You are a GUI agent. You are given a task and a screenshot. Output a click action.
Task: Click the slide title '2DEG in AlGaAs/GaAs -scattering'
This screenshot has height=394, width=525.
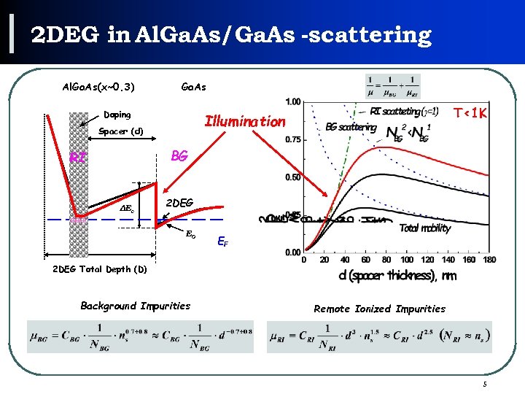[230, 34]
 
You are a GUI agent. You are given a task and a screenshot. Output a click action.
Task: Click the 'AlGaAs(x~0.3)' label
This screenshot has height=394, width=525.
[98, 88]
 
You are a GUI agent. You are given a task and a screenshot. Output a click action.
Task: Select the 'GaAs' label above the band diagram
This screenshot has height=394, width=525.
[193, 88]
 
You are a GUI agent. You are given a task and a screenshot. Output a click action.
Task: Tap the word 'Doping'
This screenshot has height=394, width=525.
[117, 115]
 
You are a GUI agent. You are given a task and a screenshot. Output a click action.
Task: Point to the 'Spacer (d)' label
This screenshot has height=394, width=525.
[120, 132]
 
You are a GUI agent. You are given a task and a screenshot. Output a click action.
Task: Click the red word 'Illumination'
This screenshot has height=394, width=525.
[245, 121]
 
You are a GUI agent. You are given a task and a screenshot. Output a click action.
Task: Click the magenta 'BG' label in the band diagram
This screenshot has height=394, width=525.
[179, 156]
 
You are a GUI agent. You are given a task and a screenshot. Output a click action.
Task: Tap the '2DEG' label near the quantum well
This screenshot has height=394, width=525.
[180, 203]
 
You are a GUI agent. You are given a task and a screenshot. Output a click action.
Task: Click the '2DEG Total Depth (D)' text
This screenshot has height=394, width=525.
[100, 269]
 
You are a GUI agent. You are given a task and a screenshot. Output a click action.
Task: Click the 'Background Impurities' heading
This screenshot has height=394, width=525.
[135, 306]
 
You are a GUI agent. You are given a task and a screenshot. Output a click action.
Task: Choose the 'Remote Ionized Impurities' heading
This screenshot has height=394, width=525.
[379, 309]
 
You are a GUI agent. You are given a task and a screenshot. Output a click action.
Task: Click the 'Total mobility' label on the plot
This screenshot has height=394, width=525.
[425, 228]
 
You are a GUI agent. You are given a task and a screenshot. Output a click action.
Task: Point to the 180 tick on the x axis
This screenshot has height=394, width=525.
[489, 260]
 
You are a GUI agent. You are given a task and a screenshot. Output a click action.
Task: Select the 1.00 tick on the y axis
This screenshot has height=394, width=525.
[292, 101]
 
